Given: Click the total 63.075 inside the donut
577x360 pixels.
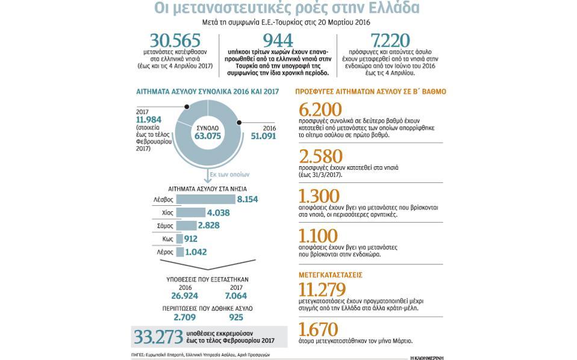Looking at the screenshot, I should click(x=207, y=136).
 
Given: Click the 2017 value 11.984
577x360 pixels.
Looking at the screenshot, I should click(x=149, y=120).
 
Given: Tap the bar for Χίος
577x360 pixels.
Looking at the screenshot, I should click(x=190, y=213).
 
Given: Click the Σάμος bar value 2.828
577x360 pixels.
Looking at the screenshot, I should click(x=208, y=226).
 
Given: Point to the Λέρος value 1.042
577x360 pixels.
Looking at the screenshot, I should click(x=197, y=252).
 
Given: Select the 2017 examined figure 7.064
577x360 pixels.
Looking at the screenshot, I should click(x=235, y=296).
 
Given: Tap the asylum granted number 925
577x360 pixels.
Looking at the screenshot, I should click(x=237, y=317).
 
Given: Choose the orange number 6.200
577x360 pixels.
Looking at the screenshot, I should click(x=320, y=110).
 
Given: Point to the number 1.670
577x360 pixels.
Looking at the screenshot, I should click(x=318, y=329).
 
